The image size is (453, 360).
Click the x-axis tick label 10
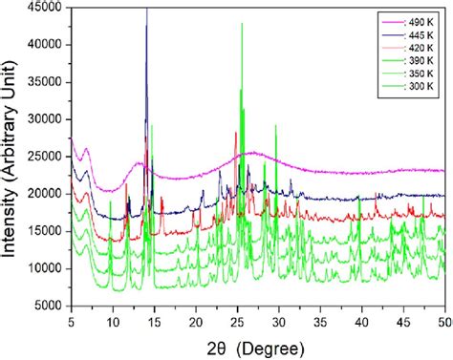tap(113, 322)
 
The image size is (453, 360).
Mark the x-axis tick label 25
tap(237, 322)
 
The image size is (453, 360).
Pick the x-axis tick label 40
tap(362, 322)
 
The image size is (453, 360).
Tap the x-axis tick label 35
tap(320, 322)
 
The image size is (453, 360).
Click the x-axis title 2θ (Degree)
tap(255, 349)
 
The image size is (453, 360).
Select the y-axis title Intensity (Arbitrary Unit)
tap(9, 159)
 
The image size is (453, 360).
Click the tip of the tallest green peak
tap(242, 23)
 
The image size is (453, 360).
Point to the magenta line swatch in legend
tap(393, 22)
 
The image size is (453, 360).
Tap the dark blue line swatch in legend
tap(393, 35)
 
